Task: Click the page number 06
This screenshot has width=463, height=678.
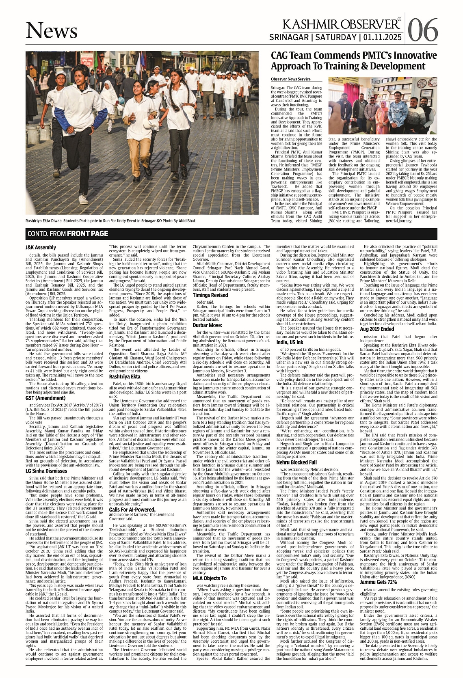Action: tap(422, 30)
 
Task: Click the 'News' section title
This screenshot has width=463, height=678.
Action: tap(52, 30)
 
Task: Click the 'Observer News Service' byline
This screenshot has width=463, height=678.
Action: tap(291, 79)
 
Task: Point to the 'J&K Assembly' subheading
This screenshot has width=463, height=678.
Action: tap(41, 247)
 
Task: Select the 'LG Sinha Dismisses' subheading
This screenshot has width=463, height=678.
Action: tap(46, 471)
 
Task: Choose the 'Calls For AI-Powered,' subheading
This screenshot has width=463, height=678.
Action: tap(132, 509)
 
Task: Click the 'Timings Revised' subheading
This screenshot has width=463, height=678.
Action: tap(210, 295)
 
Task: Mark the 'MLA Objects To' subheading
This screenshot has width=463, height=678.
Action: tap(210, 578)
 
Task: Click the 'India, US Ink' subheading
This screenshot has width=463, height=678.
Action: tap(290, 342)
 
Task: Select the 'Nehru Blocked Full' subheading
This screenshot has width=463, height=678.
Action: tap(296, 462)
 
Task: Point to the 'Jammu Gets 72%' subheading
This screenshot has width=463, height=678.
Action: tap(379, 582)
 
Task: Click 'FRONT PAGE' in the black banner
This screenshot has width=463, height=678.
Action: tap(87, 233)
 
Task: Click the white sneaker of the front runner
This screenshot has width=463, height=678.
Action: tap(83, 199)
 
